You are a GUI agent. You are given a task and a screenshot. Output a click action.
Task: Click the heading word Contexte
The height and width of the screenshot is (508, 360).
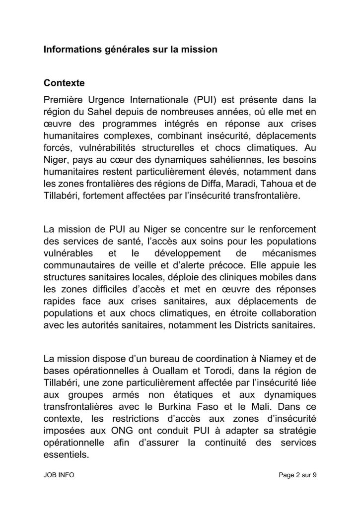pos(64,80)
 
